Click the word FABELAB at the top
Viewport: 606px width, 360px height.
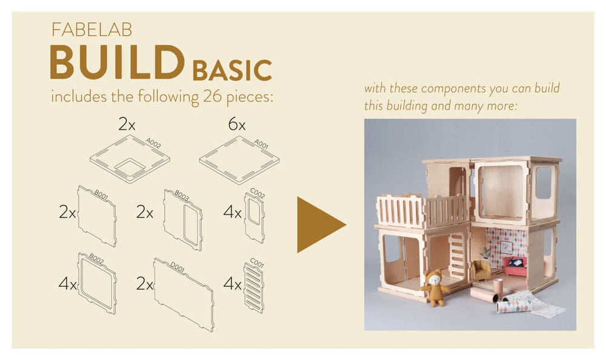tap(92, 30)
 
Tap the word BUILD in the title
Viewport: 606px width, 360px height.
tap(117, 62)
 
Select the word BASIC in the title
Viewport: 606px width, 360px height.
tap(232, 70)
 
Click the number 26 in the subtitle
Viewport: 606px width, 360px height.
tap(212, 96)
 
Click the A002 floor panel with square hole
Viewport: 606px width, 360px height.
tap(130, 159)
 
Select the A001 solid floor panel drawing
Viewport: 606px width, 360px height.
tap(239, 160)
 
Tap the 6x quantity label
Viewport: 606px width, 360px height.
tap(236, 124)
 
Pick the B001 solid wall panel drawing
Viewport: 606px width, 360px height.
tap(97, 216)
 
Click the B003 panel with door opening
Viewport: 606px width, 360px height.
tap(183, 219)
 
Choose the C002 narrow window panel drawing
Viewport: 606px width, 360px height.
tap(255, 218)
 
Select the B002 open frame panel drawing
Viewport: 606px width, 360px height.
tap(97, 283)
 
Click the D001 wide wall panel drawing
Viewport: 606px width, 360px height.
tap(184, 295)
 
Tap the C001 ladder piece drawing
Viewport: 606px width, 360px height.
tap(254, 287)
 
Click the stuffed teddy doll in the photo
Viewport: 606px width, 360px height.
tap(435, 288)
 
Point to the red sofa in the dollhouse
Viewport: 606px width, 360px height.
tap(516, 265)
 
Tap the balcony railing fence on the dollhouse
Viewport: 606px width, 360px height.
tap(422, 211)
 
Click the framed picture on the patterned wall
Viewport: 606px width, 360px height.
tap(505, 247)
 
